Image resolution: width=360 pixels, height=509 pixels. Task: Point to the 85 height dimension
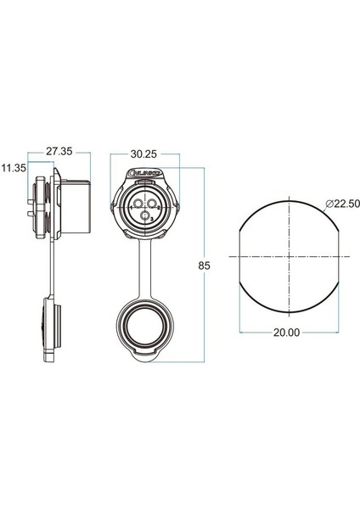coord(204,266)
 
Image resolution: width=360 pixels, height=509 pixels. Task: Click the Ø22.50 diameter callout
coord(339,204)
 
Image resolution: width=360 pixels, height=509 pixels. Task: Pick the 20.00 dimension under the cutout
coord(287,333)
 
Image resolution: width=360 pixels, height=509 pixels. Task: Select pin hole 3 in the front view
coord(146,219)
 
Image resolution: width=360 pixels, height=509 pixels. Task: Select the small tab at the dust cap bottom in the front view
coord(145,357)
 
